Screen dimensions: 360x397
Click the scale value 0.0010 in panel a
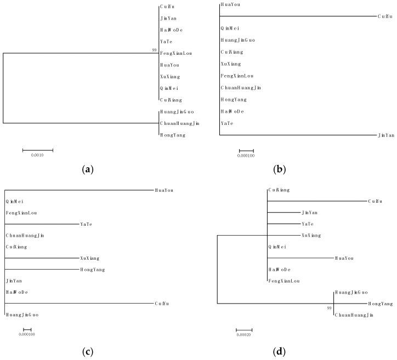click(x=38, y=155)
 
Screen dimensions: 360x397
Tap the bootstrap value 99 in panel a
click(x=155, y=50)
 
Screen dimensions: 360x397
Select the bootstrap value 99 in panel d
click(x=329, y=308)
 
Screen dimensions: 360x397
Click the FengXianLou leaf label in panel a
click(x=177, y=54)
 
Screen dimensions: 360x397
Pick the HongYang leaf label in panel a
click(x=172, y=135)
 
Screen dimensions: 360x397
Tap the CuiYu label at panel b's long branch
click(x=385, y=16)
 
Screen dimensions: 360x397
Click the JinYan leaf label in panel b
click(x=386, y=135)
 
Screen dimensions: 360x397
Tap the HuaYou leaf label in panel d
click(x=344, y=258)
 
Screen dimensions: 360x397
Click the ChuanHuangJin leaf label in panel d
click(x=354, y=315)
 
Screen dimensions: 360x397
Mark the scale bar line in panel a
click(x=38, y=150)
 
